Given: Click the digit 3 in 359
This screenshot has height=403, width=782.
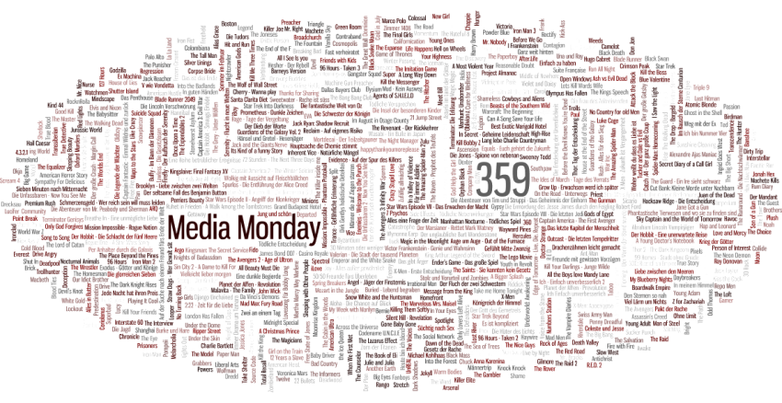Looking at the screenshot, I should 485,178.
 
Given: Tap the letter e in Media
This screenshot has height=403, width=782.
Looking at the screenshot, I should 190,230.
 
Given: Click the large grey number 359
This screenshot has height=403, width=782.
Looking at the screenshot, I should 502,178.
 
